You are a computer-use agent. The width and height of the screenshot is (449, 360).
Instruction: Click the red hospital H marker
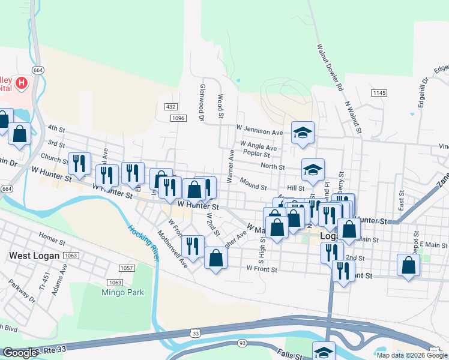point(22,83)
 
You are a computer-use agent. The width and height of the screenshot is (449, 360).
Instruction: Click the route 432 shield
point(170,107)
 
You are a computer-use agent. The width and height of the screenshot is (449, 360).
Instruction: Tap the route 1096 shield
point(178,118)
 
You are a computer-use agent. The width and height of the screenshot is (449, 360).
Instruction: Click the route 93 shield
point(242,343)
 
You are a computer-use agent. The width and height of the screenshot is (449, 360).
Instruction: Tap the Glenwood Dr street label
point(202,102)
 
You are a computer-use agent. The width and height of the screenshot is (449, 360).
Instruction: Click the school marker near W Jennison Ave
point(303,133)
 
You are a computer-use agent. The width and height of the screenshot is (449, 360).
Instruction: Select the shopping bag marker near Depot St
point(408,266)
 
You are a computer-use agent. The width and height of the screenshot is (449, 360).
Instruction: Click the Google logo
point(20,353)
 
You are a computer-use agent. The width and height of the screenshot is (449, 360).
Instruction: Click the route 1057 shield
point(127,268)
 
